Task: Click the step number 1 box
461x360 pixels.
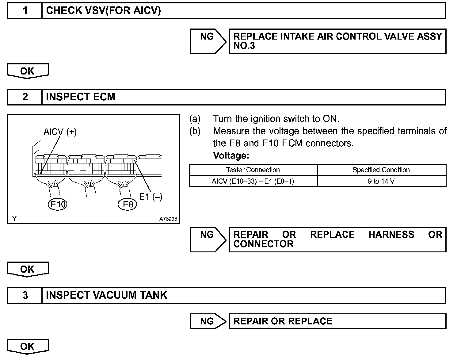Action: pos(25,11)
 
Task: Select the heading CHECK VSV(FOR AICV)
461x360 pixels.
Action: pos(103,11)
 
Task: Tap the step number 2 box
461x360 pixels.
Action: pos(25,97)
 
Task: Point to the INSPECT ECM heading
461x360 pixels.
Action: pos(81,97)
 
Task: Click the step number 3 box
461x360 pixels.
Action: pos(25,295)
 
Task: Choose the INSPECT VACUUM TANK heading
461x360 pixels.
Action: pos(106,295)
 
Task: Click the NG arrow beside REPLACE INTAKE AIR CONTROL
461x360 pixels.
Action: pos(208,41)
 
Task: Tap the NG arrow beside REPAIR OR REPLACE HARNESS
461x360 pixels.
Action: pos(208,239)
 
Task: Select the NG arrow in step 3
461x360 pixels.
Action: pos(208,321)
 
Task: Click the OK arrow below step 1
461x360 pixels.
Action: pos(28,71)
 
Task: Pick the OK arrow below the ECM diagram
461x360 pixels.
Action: pos(28,269)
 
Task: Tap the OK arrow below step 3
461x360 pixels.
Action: pos(28,347)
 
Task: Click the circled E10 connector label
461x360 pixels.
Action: pos(58,204)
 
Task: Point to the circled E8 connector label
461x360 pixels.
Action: pos(128,204)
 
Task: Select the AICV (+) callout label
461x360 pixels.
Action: pos(60,132)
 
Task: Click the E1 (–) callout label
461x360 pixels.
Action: pos(151,197)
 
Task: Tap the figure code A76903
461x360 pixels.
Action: pos(168,219)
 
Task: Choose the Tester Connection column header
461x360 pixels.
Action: pos(253,170)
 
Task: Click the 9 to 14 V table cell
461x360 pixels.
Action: pos(381,181)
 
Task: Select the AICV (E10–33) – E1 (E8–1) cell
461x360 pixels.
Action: pos(253,181)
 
